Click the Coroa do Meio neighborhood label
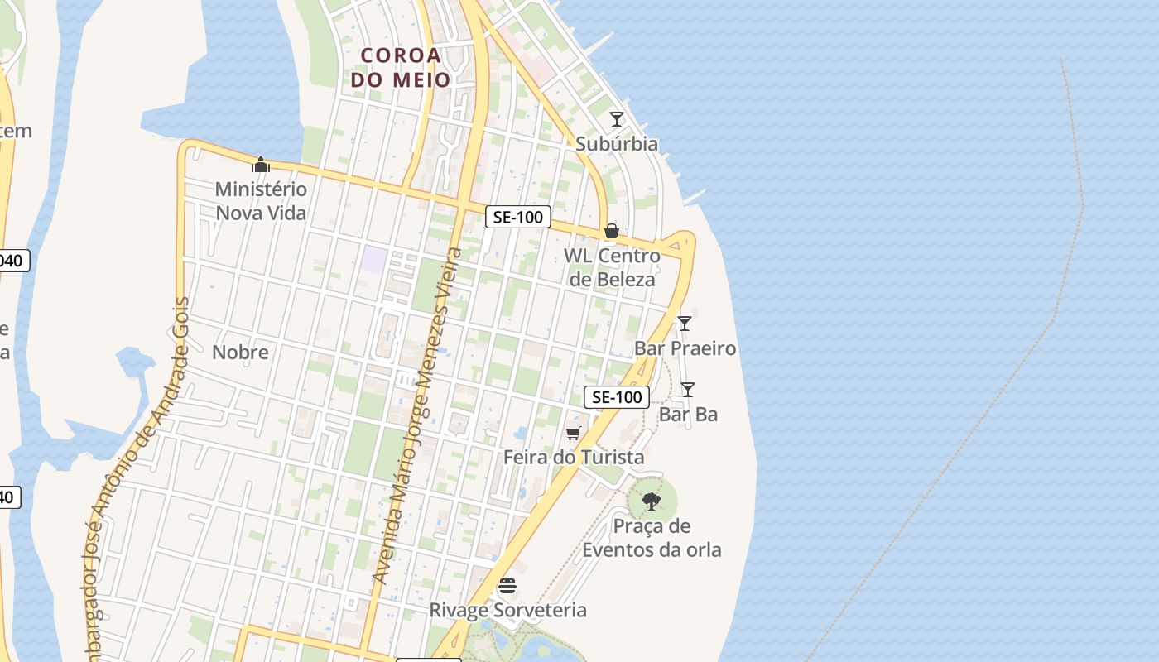[x=401, y=68]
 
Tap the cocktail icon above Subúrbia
[x=617, y=119]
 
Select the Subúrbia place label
[x=617, y=144]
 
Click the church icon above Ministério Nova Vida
[x=261, y=165]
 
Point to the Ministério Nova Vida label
[x=261, y=201]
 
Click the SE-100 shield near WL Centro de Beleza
[x=517, y=217]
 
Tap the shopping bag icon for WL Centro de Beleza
[x=612, y=231]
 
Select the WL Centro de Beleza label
[x=612, y=267]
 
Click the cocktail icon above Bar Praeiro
[x=685, y=324]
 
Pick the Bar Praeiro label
[x=685, y=348]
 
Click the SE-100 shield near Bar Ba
[x=617, y=397]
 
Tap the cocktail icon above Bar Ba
[x=688, y=390]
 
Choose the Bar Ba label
[x=688, y=415]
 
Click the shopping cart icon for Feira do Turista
[x=574, y=433]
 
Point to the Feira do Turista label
[x=574, y=458]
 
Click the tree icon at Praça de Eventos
[x=652, y=501]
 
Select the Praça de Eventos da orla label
[x=652, y=538]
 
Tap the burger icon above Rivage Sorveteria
[x=507, y=586]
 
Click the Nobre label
[x=240, y=353]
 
